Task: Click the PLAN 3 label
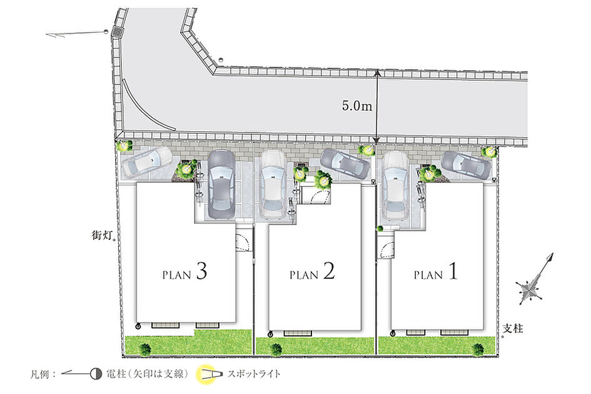tap(184, 272)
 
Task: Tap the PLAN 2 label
tap(312, 272)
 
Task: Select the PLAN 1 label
tap(436, 272)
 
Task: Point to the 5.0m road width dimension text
tap(357, 106)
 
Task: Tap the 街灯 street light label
tap(102, 235)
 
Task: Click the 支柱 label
tap(513, 328)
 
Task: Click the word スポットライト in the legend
tap(254, 374)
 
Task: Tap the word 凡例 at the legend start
tap(40, 375)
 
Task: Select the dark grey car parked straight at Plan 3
tap(221, 184)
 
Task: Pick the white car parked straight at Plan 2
tap(273, 184)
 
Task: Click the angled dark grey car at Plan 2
tap(345, 163)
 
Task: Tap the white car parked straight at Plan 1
tap(395, 186)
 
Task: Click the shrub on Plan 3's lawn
tap(145, 349)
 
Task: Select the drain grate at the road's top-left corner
tap(118, 31)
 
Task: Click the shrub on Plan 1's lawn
tap(478, 349)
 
